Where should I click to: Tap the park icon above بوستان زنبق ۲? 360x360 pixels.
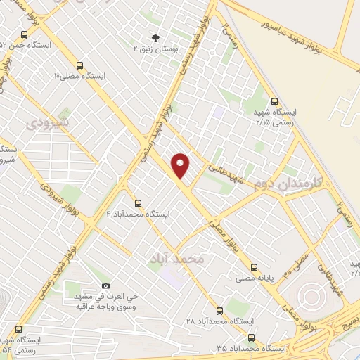click(x=155, y=38)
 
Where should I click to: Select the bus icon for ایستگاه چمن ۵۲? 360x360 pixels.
click(x=25, y=34)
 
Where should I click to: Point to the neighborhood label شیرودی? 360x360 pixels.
click(x=49, y=124)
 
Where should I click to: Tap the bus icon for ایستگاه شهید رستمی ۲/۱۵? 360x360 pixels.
click(x=275, y=101)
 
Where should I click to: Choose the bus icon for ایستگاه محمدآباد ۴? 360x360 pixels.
click(x=138, y=202)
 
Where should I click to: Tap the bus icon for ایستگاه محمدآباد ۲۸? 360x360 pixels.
click(x=219, y=310)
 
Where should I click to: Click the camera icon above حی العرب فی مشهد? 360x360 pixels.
click(x=105, y=286)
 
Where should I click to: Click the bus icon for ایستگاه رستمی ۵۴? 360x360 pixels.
click(x=18, y=329)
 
